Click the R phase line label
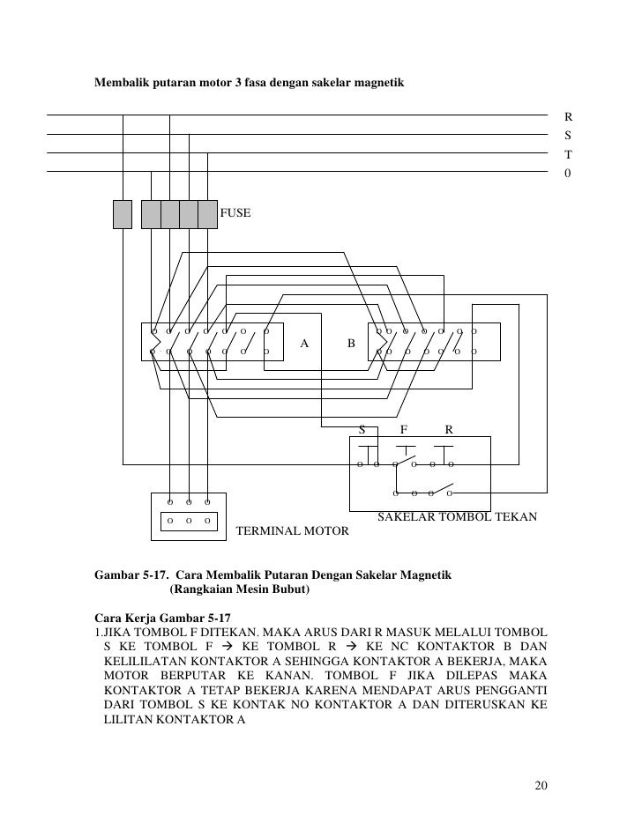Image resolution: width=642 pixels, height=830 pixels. (569, 116)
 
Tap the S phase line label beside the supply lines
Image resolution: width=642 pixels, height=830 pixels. (569, 136)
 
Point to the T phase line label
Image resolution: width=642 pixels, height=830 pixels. (569, 154)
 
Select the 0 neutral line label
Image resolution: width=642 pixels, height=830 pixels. (569, 174)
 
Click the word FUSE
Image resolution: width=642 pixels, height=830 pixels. (235, 213)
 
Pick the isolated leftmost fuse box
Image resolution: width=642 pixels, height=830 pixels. (123, 214)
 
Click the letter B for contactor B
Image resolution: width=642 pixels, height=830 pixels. (351, 342)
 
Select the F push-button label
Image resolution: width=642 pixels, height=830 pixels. (404, 430)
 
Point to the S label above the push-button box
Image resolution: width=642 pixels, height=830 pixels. (361, 430)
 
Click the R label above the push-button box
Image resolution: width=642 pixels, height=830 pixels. (449, 430)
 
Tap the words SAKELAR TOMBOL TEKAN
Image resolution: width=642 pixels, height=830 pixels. (457, 517)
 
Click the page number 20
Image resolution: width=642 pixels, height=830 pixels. (541, 786)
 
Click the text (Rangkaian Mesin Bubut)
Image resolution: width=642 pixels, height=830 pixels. (239, 589)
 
